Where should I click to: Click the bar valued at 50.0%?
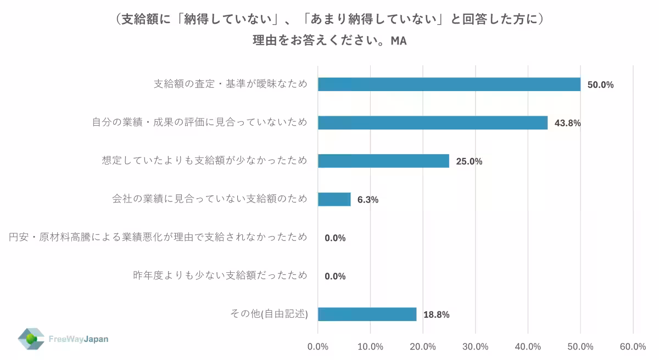[x=449, y=84]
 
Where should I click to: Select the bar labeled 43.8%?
[x=432, y=122]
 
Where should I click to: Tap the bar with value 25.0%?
[x=383, y=161]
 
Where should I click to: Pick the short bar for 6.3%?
[x=334, y=199]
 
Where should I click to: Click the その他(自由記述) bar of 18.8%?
[x=367, y=314]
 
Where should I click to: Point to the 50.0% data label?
[x=600, y=85]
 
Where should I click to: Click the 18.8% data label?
[x=437, y=314]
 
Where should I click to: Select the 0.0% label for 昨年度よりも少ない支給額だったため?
[x=335, y=276]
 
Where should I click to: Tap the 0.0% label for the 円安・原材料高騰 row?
[x=335, y=238]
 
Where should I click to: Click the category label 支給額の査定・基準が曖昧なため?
[x=230, y=84]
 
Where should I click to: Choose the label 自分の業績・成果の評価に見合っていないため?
[x=199, y=122]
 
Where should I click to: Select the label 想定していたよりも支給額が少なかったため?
[x=204, y=161]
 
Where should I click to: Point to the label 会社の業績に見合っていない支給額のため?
[x=210, y=199]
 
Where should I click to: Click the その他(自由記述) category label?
[x=269, y=314]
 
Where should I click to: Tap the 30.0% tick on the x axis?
[x=476, y=346]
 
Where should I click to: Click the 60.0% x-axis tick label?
[x=633, y=346]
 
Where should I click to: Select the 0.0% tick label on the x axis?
[x=318, y=346]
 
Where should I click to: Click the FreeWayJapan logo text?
[x=79, y=339]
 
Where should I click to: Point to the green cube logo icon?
[x=31, y=339]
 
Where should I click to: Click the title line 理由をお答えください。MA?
[x=329, y=41]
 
